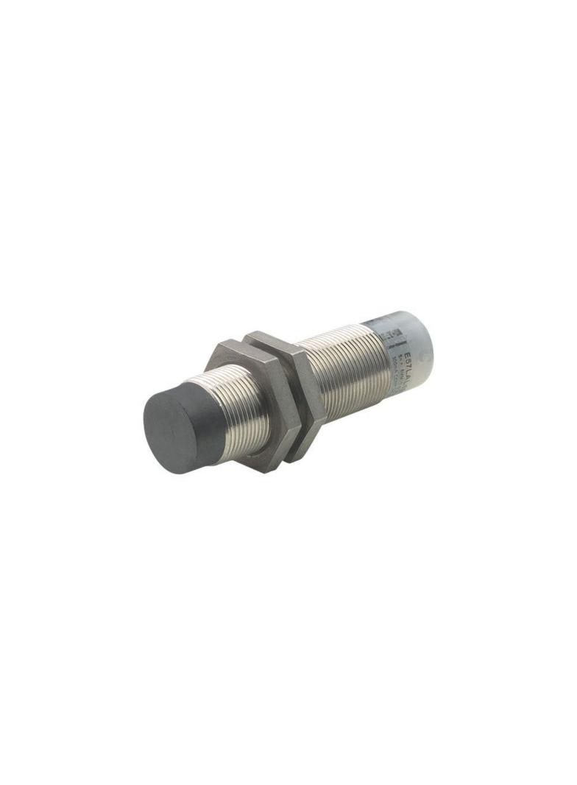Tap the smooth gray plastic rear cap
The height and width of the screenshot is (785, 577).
412,350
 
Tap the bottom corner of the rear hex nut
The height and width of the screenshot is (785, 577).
299,460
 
